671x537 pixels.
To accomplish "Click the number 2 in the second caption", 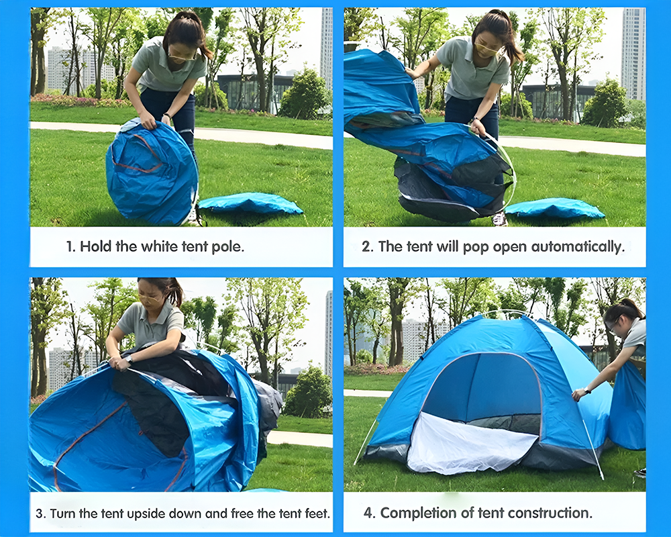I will coord(366,246).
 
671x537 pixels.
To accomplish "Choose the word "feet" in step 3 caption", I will coord(316,514).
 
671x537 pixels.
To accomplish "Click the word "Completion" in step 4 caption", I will coord(419,513).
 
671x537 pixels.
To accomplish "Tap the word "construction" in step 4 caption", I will coord(550,513).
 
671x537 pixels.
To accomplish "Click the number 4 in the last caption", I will coord(368,513).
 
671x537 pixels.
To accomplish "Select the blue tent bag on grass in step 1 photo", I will coord(250,203).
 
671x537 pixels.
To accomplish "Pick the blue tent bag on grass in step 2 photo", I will coord(554,208).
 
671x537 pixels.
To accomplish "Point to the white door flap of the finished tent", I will coord(470,446).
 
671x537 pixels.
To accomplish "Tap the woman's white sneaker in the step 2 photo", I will coord(499,219).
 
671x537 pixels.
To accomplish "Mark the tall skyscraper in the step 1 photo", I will coord(326,47).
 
